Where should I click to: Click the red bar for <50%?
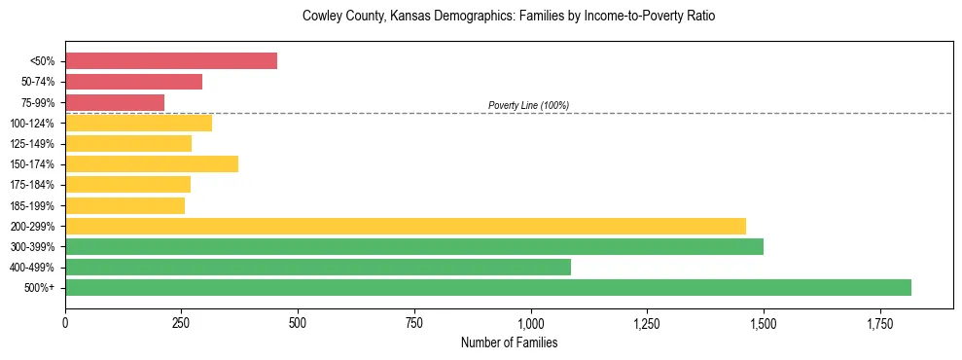click(x=171, y=61)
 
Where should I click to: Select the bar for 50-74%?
click(x=133, y=82)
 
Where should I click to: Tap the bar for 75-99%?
click(x=115, y=102)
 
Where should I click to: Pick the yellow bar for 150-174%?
click(x=152, y=163)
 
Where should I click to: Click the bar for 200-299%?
click(x=406, y=226)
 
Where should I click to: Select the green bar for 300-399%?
click(x=414, y=246)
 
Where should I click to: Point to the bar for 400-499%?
click(x=318, y=267)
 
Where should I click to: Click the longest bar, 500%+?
click(x=488, y=287)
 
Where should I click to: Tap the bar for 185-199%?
click(x=125, y=205)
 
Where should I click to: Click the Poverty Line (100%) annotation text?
click(x=528, y=105)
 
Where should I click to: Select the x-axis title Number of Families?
click(x=509, y=342)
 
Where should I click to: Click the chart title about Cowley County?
click(x=509, y=17)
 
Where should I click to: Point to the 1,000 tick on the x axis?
click(x=531, y=322)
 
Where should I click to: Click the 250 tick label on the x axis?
click(x=182, y=322)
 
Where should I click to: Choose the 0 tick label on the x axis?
click(x=65, y=322)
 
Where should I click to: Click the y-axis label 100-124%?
click(x=32, y=124)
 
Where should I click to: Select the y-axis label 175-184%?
click(x=32, y=185)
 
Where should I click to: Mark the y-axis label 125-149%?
click(x=32, y=144)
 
